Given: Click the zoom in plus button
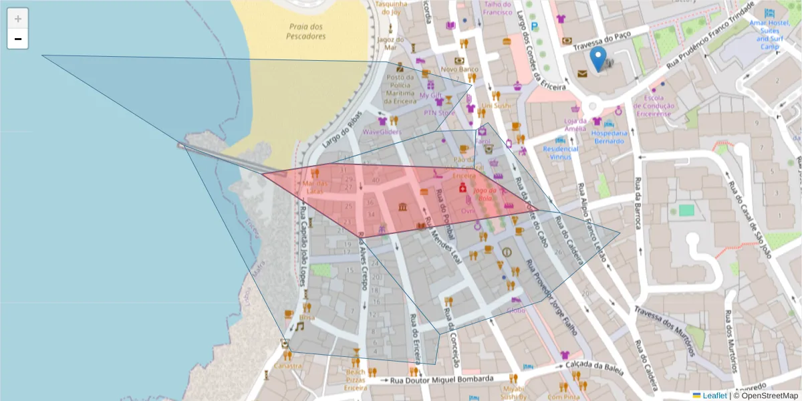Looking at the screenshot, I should coord(18,19).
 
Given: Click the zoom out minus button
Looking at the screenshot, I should coord(18,39).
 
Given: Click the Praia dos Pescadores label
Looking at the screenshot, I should coord(306,31).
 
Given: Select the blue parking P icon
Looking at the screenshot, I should coord(534,25).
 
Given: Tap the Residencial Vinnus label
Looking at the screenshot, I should coord(560,153).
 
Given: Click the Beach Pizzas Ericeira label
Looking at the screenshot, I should coord(356,379).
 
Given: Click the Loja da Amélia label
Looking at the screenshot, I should coord(575,124).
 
